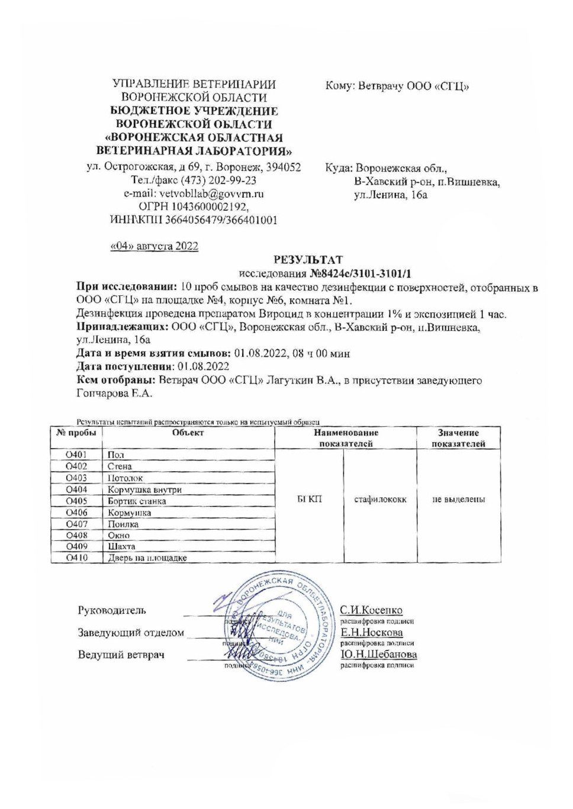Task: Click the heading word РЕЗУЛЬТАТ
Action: (308, 260)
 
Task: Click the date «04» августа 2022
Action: (154, 246)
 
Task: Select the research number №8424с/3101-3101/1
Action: (360, 273)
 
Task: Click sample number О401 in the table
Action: (76, 455)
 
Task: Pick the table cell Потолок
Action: (125, 478)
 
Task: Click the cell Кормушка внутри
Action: (144, 489)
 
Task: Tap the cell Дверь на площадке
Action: (147, 557)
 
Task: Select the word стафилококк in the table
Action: (380, 499)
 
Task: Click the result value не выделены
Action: (459, 499)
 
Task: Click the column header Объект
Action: (188, 433)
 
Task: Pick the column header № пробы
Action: (76, 433)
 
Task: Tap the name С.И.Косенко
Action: (371, 610)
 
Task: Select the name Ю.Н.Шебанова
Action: (378, 655)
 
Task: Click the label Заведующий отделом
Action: (131, 633)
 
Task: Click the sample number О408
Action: (76, 535)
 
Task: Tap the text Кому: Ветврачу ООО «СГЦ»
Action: (397, 86)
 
